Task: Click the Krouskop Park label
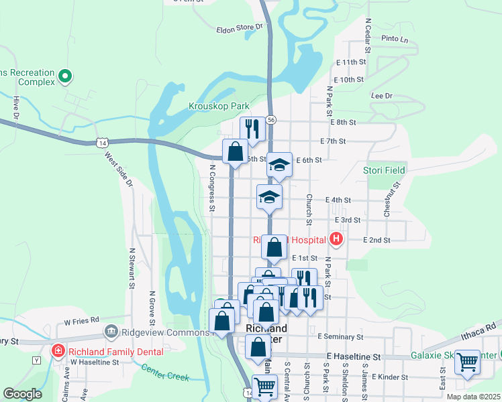coord(219,106)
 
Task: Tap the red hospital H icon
coord(336,239)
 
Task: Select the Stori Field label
coord(384,170)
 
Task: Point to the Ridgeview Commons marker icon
coord(111,332)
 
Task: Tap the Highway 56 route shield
coord(270,119)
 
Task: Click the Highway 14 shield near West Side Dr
coord(101,143)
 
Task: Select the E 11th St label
coord(350,62)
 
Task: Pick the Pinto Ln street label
coord(394,40)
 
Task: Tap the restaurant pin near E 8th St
coord(252,129)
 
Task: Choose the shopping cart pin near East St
coord(467,362)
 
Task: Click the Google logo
coord(22,394)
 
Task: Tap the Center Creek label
coord(164,372)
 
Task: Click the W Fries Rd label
coord(81,320)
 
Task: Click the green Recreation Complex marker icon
coord(65,76)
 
